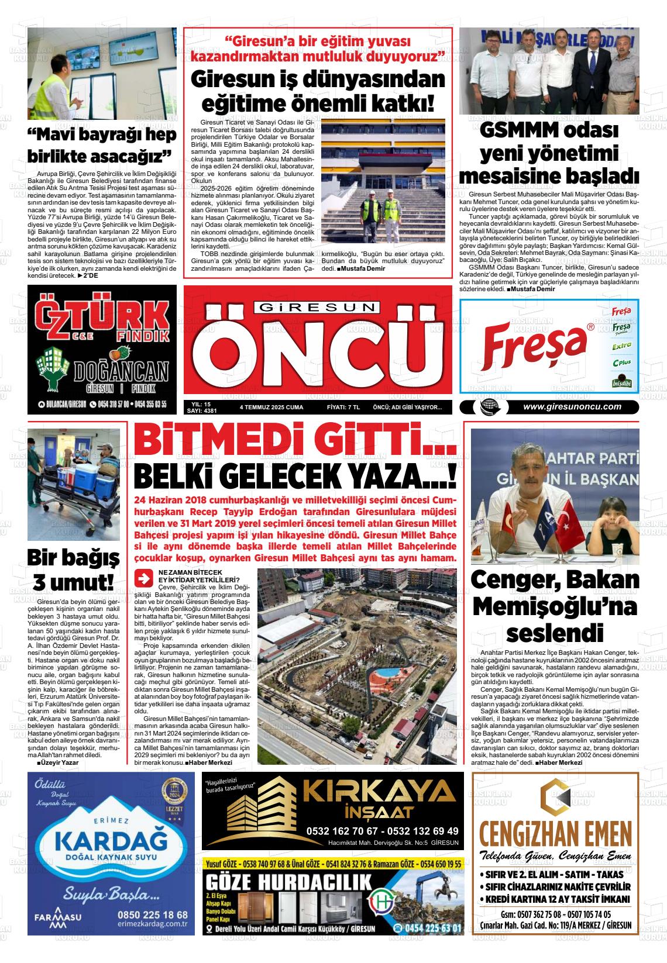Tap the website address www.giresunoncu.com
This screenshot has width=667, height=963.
pos(572,408)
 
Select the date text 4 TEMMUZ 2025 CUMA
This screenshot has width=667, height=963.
pos(271,407)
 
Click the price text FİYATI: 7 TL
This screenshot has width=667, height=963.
pos(343,407)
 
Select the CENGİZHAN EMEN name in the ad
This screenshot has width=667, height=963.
pos(555,833)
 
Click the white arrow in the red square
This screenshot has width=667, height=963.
pos(142,578)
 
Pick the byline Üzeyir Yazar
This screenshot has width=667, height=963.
pos(57,762)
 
